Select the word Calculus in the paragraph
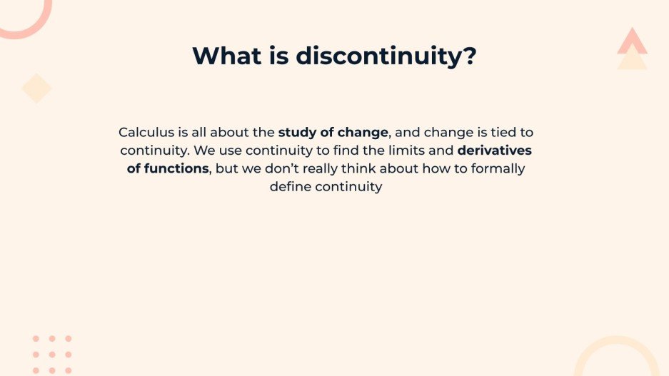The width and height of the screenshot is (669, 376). tap(144, 132)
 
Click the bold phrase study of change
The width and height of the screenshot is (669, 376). tap(333, 132)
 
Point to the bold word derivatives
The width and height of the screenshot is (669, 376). tap(495, 151)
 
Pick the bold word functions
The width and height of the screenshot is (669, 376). tap(176, 169)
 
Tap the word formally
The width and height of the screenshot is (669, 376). tap(497, 169)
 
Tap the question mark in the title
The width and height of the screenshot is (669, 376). tap(469, 56)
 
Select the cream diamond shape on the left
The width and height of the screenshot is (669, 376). tap(36, 88)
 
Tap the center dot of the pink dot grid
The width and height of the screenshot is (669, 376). tap(52, 355)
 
